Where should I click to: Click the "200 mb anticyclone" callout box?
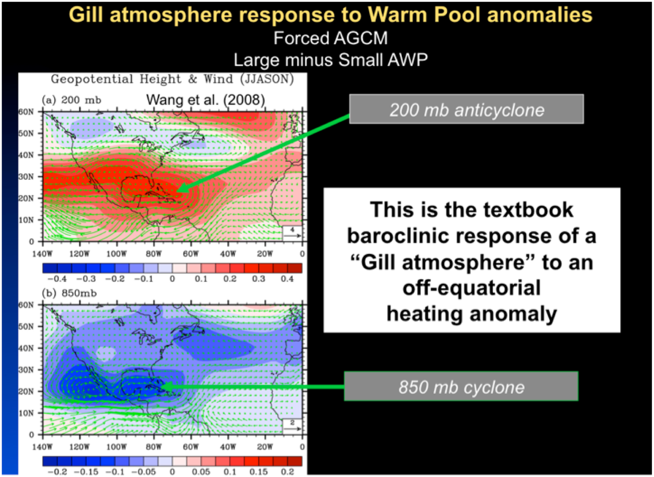point(466,109)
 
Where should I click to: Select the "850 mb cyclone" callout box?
point(461,386)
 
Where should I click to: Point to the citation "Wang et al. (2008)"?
point(205,100)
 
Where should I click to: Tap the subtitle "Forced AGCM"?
point(330,38)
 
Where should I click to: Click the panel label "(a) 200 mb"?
point(72,100)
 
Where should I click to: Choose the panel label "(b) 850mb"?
point(69,293)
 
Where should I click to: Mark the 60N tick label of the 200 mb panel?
point(26,112)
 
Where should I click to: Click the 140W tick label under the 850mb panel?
point(42,447)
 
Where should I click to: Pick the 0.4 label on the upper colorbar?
point(287,279)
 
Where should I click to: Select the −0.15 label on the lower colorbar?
point(86,472)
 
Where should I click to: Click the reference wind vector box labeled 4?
point(293,232)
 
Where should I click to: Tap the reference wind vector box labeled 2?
point(293,425)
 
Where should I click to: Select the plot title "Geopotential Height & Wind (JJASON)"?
point(172,79)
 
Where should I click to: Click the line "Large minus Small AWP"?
point(330,60)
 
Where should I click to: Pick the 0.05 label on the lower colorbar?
point(201,472)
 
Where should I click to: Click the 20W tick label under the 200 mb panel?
point(265,254)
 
